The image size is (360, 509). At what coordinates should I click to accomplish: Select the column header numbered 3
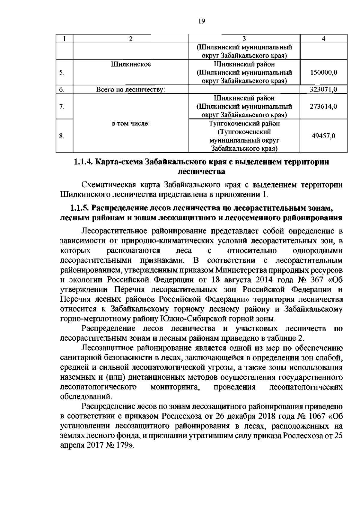(x=244, y=38)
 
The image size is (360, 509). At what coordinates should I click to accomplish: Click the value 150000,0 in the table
(x=324, y=72)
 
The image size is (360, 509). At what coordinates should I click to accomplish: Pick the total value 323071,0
(x=324, y=89)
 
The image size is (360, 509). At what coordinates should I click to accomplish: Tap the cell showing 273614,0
(x=324, y=107)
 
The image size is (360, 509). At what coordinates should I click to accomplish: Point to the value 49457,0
(x=324, y=136)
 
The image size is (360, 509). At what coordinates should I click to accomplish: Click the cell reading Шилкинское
(x=131, y=64)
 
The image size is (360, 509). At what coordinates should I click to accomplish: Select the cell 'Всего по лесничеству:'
(x=131, y=89)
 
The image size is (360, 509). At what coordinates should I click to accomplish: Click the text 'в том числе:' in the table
(x=131, y=123)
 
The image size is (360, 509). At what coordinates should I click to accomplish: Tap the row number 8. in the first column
(x=61, y=136)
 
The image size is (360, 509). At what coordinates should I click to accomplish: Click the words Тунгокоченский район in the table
(x=244, y=123)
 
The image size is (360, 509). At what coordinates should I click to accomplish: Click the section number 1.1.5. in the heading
(x=80, y=208)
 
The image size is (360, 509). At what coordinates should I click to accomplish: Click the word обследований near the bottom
(x=86, y=396)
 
